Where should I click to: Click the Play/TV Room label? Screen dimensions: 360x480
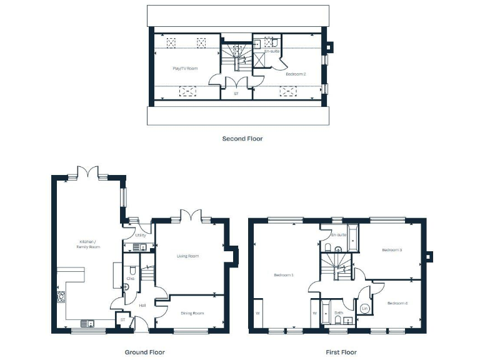(x=185, y=68)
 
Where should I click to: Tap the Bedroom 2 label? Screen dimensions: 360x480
(x=296, y=74)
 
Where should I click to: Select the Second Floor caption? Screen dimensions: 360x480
(x=242, y=139)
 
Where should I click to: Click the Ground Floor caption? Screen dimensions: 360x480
(x=145, y=352)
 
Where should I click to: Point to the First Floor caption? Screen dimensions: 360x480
(x=337, y=352)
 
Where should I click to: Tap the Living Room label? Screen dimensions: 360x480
(x=187, y=256)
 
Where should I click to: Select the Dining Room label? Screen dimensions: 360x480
(x=192, y=313)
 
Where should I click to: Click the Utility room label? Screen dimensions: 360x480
(x=141, y=236)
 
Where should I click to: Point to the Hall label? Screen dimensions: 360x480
(x=142, y=306)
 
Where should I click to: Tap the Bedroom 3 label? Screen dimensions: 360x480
(x=392, y=250)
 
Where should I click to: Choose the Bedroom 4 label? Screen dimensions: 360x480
(x=397, y=303)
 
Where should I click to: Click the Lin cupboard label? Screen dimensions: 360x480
(x=364, y=309)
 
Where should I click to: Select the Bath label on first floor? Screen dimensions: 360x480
(x=338, y=312)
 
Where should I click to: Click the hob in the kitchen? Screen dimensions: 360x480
(x=61, y=297)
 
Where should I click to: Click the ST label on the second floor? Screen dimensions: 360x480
(x=236, y=94)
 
